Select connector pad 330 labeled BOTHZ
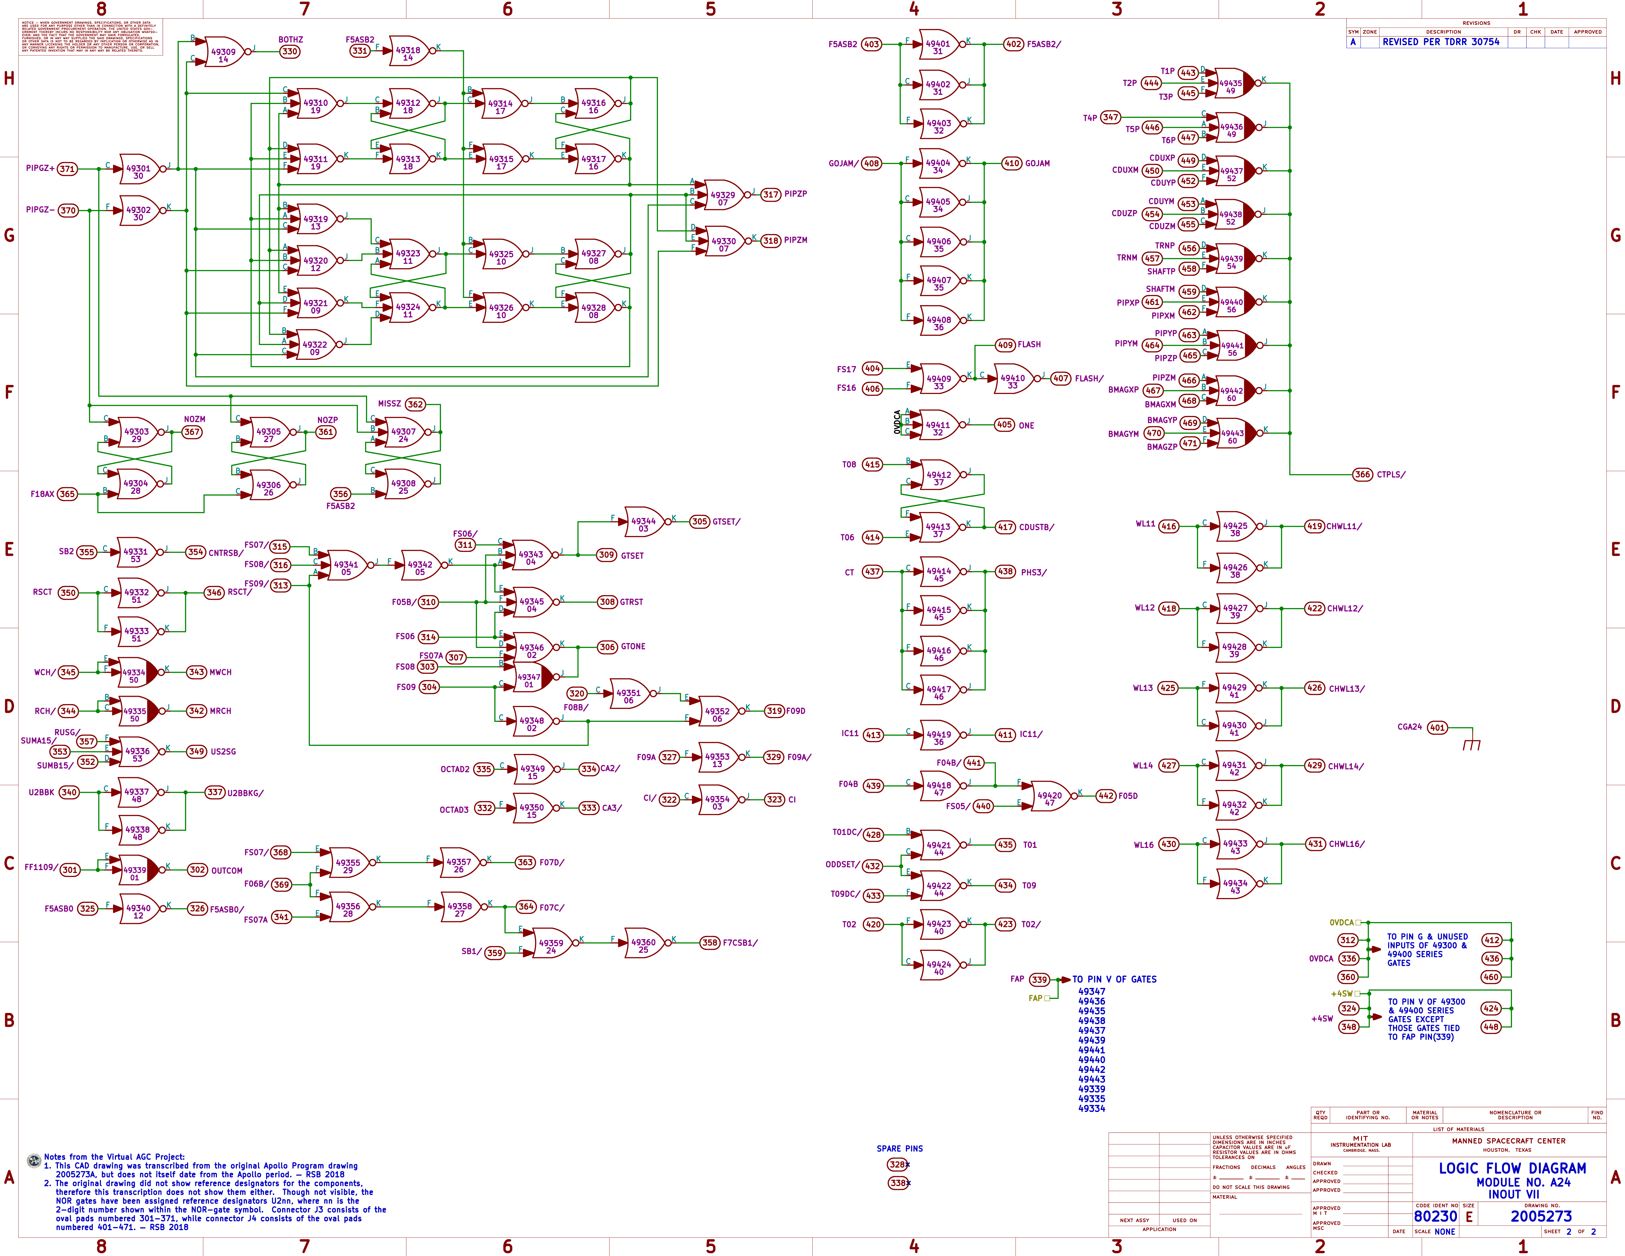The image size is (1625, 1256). (x=290, y=51)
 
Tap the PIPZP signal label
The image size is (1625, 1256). (x=795, y=194)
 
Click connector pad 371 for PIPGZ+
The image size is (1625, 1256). (x=67, y=169)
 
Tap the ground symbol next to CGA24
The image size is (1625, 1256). (x=1471, y=743)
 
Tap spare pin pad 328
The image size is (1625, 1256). (x=897, y=1164)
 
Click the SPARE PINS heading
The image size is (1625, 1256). (x=900, y=1148)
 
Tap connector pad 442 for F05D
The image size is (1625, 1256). (x=1106, y=795)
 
